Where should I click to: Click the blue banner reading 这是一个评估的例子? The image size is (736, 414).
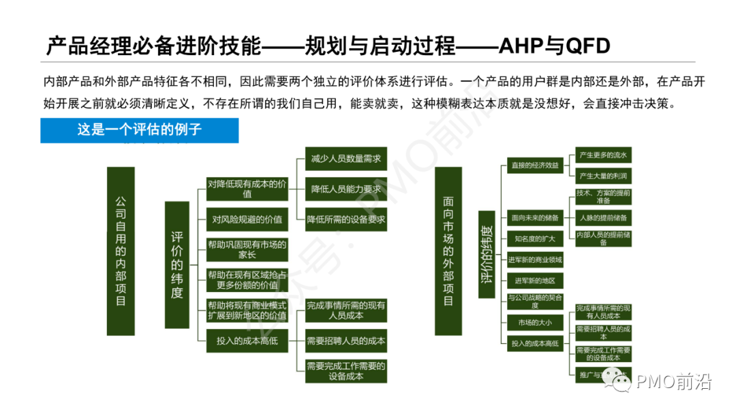click(x=139, y=129)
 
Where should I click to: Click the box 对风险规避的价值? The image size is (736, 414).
click(x=247, y=219)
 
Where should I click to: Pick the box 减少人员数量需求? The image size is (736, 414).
click(x=346, y=159)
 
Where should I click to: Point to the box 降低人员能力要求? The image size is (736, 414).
click(x=346, y=189)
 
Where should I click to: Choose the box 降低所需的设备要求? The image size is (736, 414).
click(x=346, y=219)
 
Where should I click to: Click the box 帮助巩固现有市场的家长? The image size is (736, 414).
click(x=247, y=249)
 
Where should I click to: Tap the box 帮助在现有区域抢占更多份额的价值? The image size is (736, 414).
click(x=247, y=280)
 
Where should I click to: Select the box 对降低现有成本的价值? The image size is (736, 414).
click(x=247, y=189)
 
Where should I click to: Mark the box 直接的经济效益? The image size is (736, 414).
click(x=535, y=165)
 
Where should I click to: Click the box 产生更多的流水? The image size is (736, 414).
click(x=602, y=155)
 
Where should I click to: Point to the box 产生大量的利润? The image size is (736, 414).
click(x=602, y=176)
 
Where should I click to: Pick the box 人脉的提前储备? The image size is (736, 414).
click(x=602, y=218)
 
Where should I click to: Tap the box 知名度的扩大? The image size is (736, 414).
click(x=535, y=238)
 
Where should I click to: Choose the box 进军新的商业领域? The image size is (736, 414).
click(x=535, y=259)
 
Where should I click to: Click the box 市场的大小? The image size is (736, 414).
click(x=535, y=322)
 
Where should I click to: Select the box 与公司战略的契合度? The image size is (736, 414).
click(x=535, y=301)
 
